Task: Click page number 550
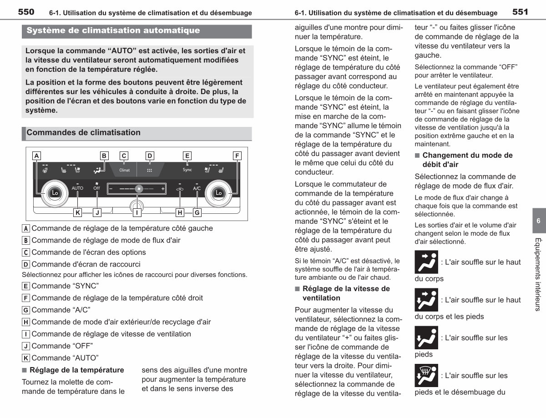point(26,12)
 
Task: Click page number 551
point(520,12)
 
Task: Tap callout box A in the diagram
point(37,156)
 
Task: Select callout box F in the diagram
point(237,156)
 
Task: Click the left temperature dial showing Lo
point(55,193)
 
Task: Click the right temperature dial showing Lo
point(218,193)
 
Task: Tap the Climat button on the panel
point(124,170)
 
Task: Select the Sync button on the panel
point(187,170)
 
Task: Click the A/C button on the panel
point(197,188)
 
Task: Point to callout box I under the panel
point(137,213)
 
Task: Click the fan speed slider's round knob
point(139,189)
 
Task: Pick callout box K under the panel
point(78,213)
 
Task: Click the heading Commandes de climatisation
point(83,132)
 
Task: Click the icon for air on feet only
point(426,337)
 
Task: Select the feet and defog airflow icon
point(426,375)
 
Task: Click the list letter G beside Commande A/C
point(25,310)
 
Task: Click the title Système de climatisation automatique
point(113,30)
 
